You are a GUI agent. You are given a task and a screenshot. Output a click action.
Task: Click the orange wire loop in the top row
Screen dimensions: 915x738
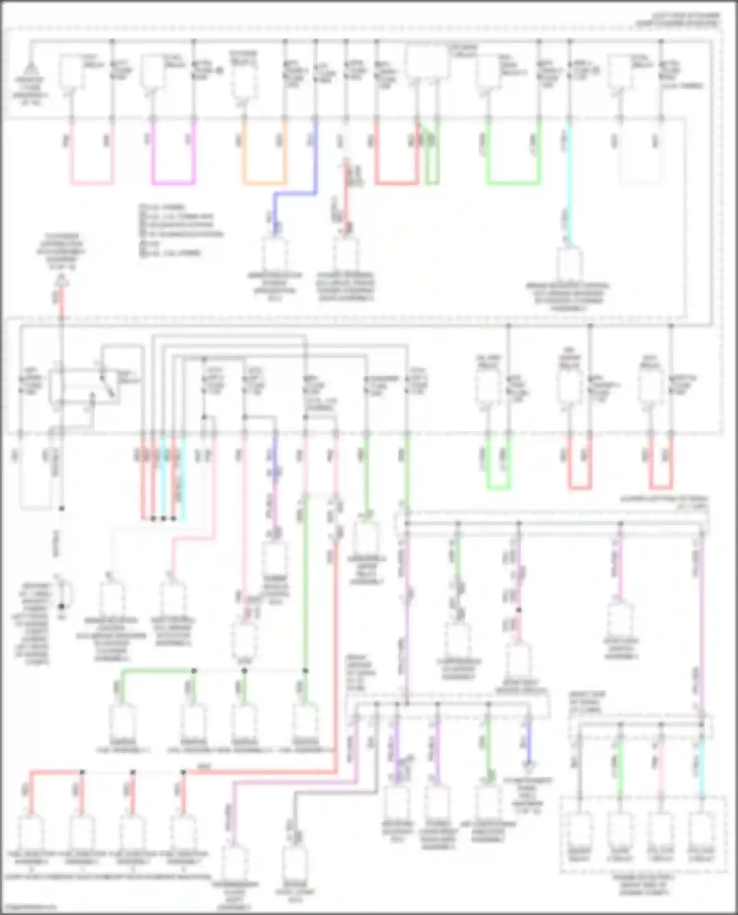click(x=264, y=183)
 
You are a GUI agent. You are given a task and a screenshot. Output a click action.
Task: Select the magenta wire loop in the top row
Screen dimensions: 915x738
click(x=173, y=183)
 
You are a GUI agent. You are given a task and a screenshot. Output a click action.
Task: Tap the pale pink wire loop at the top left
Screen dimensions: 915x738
click(x=92, y=183)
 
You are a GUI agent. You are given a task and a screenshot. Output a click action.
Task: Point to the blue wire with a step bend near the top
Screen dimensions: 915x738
click(x=295, y=193)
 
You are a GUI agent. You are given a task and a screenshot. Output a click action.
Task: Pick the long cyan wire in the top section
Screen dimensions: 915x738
click(x=569, y=182)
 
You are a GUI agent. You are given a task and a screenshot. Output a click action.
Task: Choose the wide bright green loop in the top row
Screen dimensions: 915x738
click(x=513, y=183)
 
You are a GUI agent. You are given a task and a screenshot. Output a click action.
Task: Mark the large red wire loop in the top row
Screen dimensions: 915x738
click(x=397, y=183)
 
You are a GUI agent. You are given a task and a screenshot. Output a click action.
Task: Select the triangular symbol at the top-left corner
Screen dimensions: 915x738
click(x=30, y=69)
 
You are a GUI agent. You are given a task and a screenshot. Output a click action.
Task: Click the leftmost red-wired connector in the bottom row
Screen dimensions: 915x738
click(x=31, y=831)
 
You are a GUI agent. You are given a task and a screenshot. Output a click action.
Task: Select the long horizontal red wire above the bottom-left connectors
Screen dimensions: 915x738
click(x=261, y=772)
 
